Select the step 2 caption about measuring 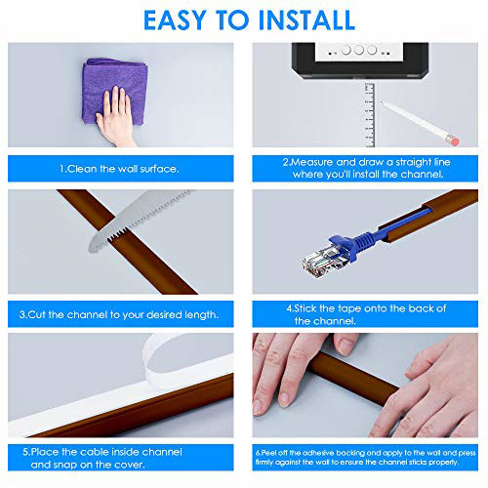coord(364,167)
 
